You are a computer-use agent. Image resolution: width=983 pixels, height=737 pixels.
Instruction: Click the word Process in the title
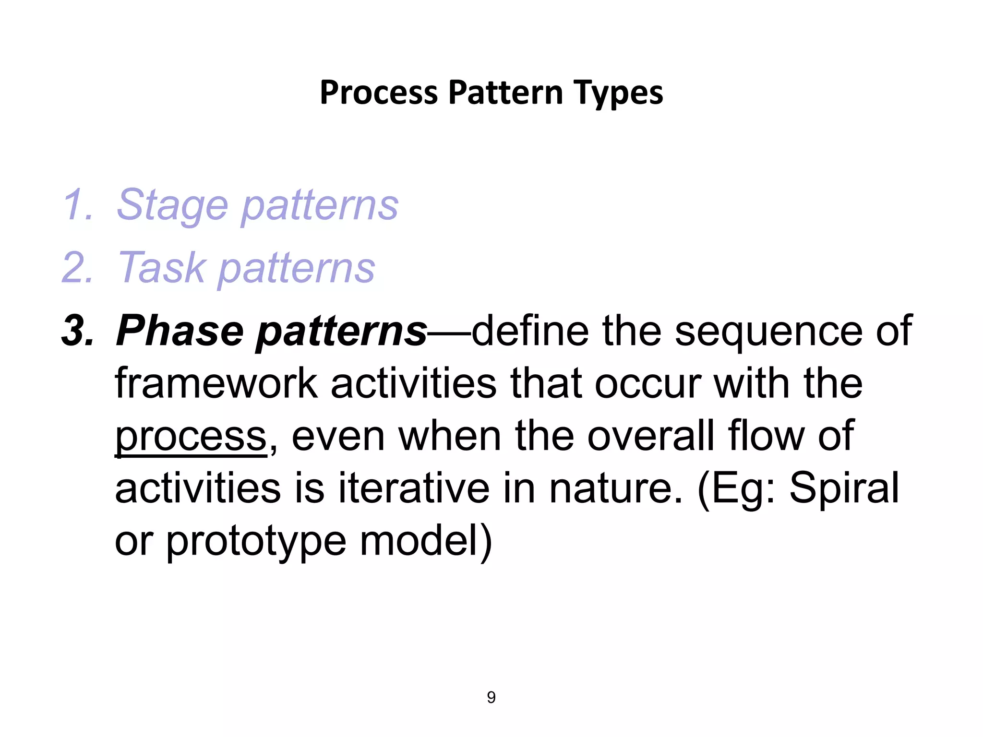pyautogui.click(x=379, y=93)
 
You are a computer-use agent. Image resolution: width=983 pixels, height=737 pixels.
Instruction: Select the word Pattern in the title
pyautogui.click(x=505, y=93)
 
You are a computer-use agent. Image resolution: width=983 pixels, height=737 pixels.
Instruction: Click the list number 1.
pyautogui.click(x=77, y=205)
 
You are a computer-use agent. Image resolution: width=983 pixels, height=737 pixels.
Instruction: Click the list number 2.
pyautogui.click(x=77, y=268)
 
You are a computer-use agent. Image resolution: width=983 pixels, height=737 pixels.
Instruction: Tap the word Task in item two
pyautogui.click(x=161, y=268)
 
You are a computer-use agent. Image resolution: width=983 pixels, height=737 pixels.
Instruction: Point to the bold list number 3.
pyautogui.click(x=77, y=331)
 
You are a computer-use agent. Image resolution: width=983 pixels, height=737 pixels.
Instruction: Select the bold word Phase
pyautogui.click(x=180, y=331)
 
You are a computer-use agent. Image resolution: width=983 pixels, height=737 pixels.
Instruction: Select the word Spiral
pyautogui.click(x=844, y=489)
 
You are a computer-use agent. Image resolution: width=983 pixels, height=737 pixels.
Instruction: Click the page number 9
pyautogui.click(x=491, y=697)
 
